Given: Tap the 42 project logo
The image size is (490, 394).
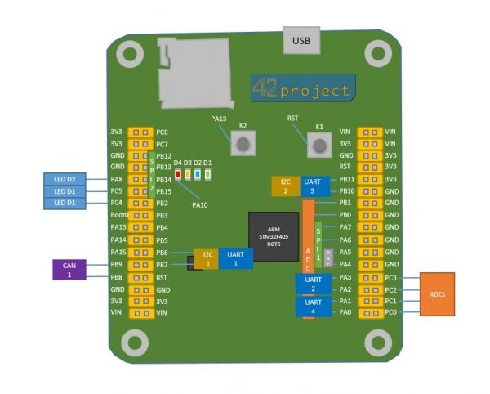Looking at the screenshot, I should [x=303, y=88].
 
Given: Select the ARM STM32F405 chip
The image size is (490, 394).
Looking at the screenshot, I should [x=273, y=235].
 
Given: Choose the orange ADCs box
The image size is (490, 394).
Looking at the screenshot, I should [x=442, y=294].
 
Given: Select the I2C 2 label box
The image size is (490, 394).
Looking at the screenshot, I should [x=285, y=186].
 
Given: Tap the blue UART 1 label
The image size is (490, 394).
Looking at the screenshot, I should [x=235, y=258].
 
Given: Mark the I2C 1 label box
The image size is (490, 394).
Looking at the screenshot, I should [x=207, y=258].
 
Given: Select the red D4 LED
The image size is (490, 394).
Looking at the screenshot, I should [x=178, y=173].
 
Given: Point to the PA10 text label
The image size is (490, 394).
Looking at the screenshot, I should [x=199, y=204].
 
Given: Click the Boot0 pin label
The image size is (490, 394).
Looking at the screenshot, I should [x=119, y=215].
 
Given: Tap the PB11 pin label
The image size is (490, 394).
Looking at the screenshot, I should [x=345, y=179].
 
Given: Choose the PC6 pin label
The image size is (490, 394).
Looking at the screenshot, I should [x=162, y=132].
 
